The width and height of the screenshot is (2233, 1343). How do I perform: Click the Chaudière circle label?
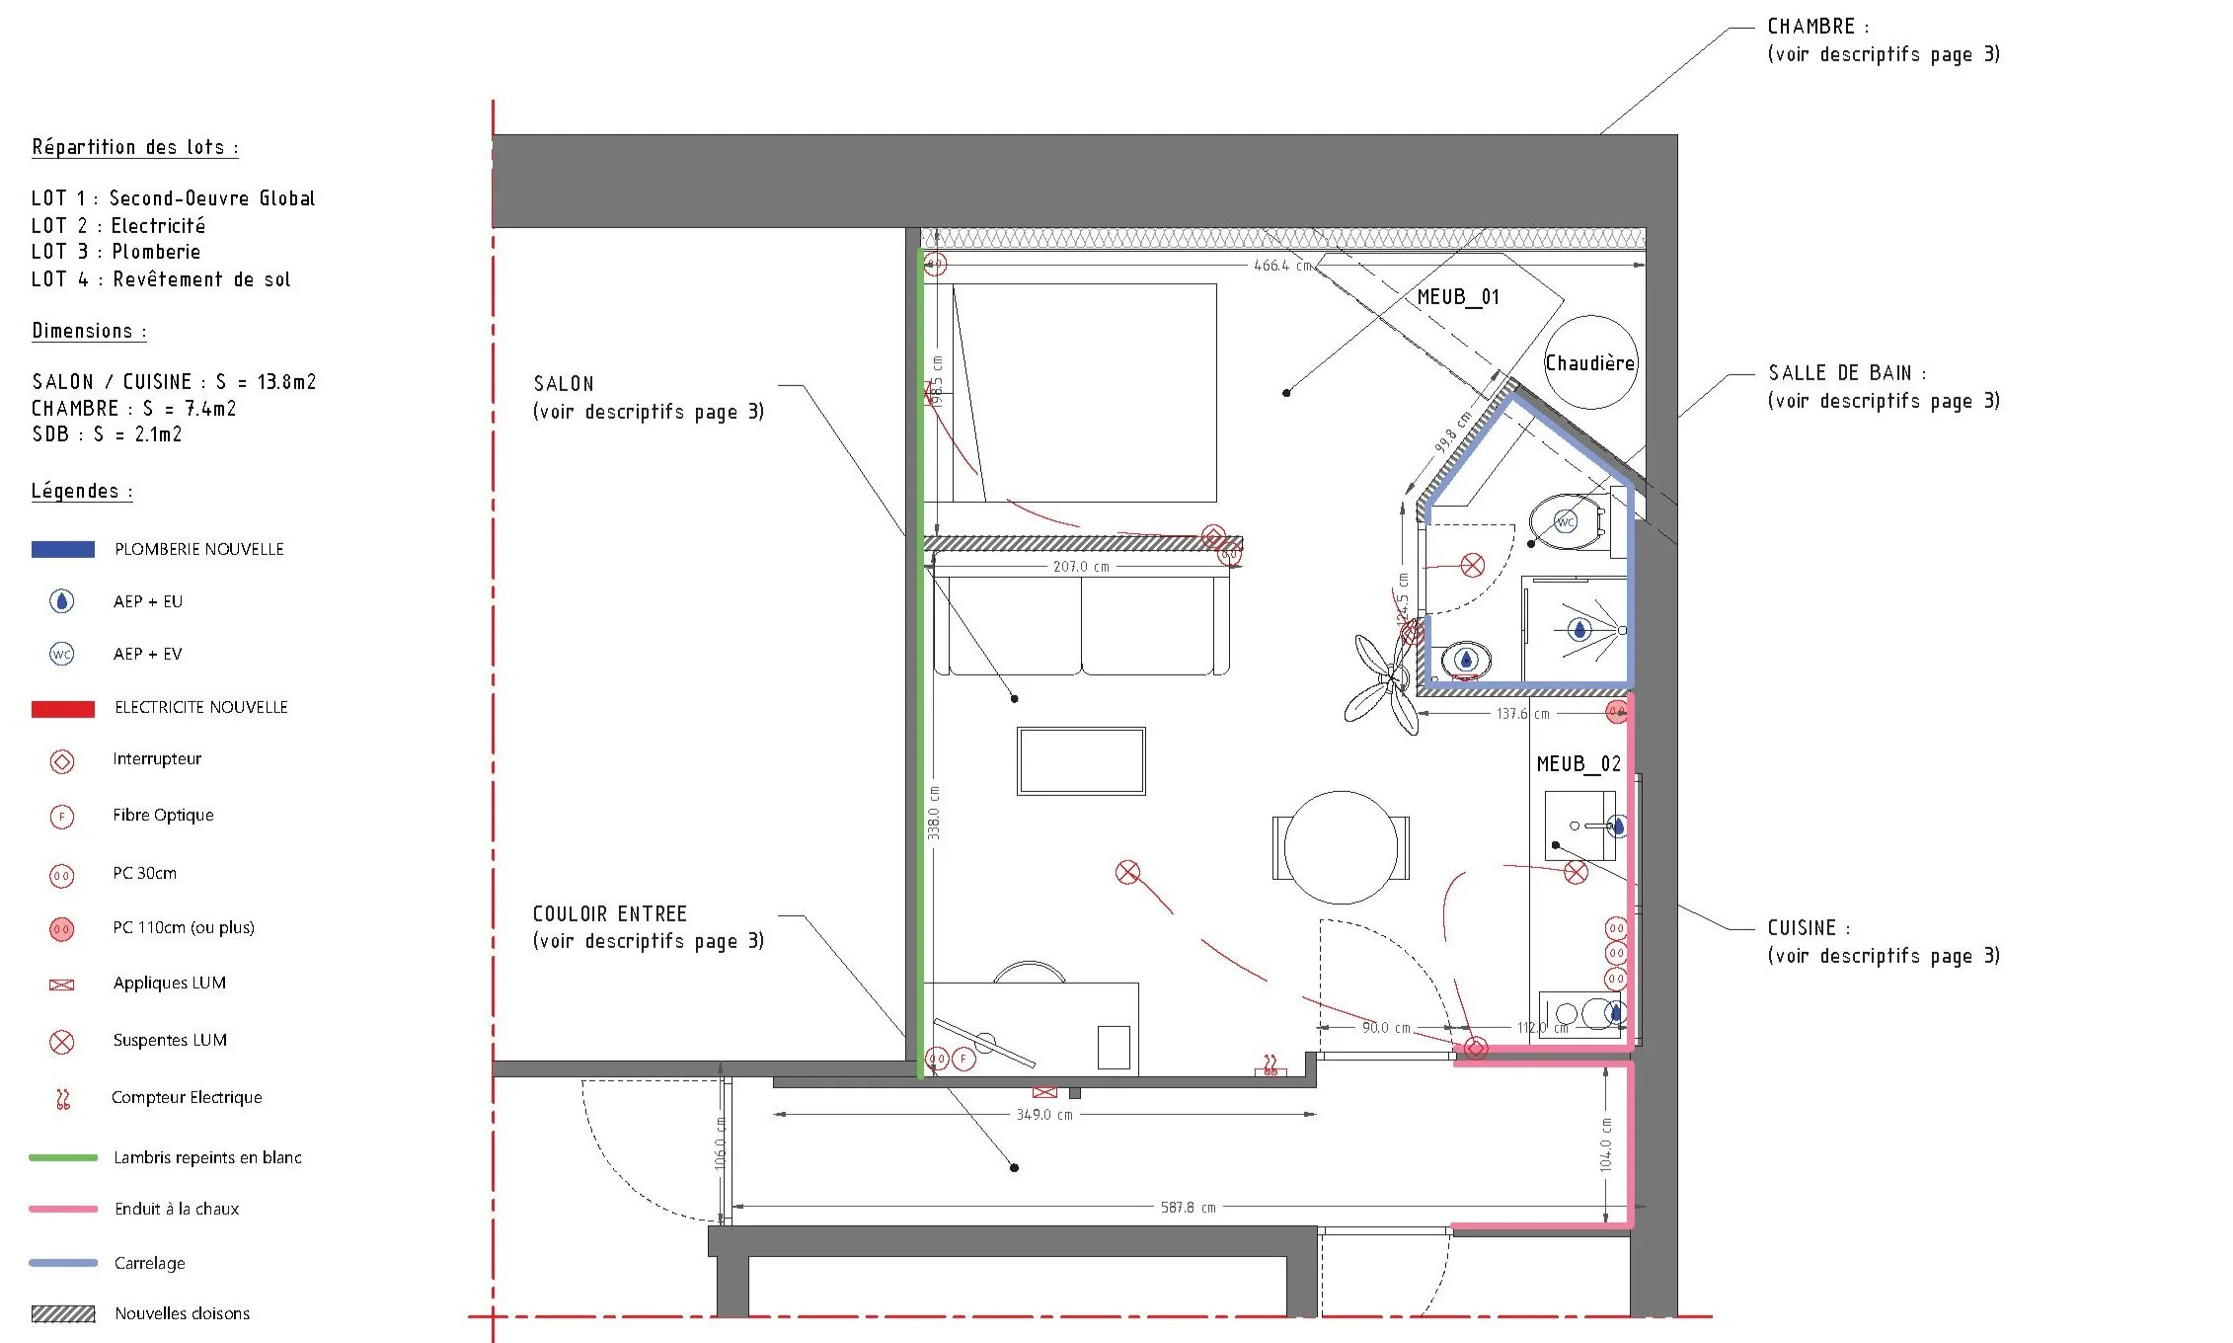click(1589, 363)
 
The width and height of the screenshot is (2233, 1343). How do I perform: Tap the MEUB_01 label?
click(1458, 297)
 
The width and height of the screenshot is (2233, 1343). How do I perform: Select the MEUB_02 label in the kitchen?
click(1578, 764)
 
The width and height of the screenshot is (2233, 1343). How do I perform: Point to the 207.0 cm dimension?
click(1081, 567)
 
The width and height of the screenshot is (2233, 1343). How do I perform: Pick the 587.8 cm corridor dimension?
click(1188, 1208)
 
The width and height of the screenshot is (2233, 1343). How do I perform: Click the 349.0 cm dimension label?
click(1044, 1115)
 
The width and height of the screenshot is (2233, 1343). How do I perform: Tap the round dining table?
click(1341, 847)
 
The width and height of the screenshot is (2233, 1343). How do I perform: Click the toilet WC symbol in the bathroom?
click(1567, 521)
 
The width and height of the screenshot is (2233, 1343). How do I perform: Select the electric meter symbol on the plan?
click(1270, 1066)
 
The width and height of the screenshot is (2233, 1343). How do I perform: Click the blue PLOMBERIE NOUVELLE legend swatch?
click(63, 550)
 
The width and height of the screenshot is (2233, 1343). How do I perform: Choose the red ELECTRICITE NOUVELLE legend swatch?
click(63, 709)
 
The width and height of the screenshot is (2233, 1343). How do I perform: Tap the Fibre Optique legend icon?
click(62, 817)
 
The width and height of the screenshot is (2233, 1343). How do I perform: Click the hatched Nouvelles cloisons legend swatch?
click(63, 1313)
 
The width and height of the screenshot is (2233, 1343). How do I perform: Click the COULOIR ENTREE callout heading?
click(609, 914)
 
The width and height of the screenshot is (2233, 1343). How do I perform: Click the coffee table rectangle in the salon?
click(1081, 760)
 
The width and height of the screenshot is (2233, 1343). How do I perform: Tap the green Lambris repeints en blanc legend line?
click(63, 1157)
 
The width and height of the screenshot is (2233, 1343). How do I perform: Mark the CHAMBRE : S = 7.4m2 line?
click(133, 409)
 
